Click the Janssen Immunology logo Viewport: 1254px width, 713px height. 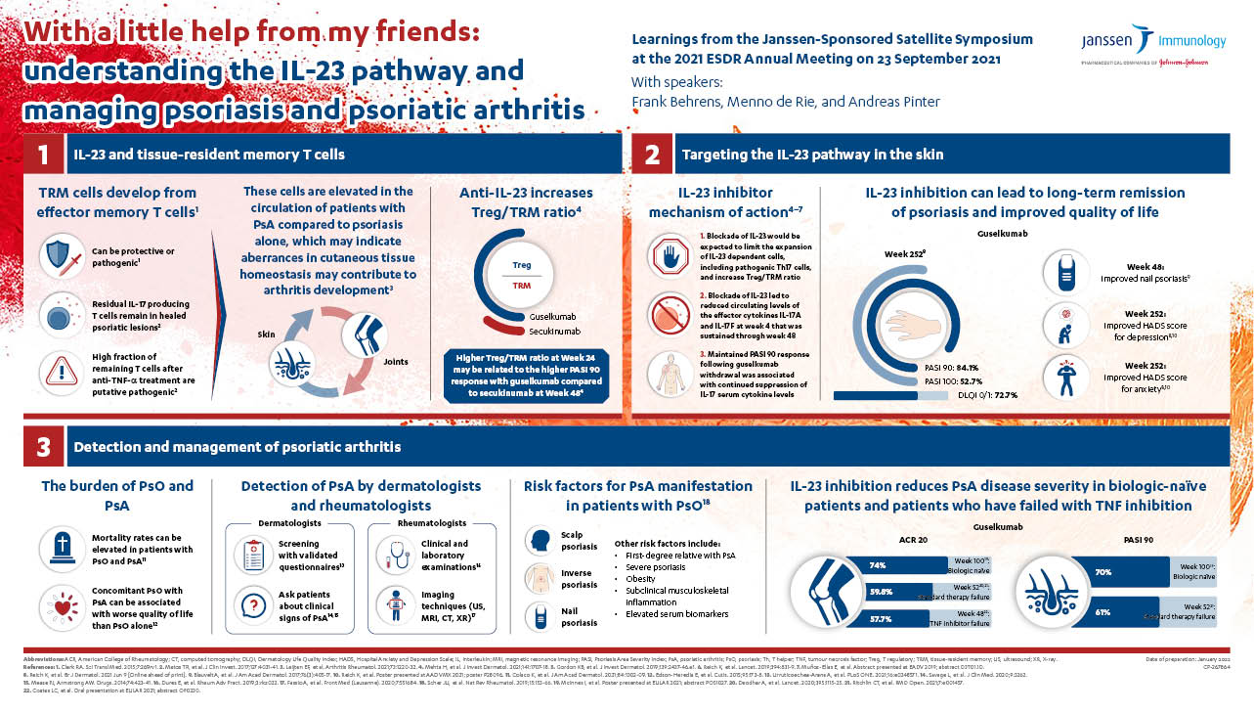click(x=1153, y=44)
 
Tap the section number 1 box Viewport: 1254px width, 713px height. click(x=43, y=155)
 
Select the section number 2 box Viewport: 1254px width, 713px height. click(x=653, y=155)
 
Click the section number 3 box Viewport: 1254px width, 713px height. click(x=43, y=447)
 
